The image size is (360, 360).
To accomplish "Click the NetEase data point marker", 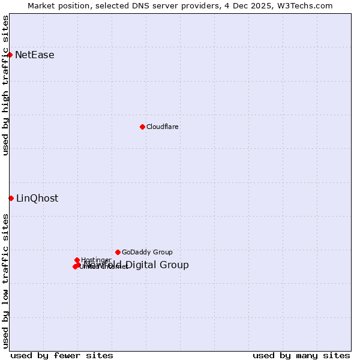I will click(10, 55).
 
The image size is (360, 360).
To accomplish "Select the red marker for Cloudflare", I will click(142, 127).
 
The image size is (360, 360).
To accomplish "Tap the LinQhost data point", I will click(11, 198).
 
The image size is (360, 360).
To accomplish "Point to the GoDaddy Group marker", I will click(118, 252).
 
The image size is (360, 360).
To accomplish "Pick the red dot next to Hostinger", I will click(77, 260).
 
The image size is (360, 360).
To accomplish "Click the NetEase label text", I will click(35, 55).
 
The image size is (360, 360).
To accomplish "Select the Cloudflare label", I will click(162, 127).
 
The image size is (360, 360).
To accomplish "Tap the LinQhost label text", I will click(37, 199).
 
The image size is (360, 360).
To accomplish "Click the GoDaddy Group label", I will click(147, 252).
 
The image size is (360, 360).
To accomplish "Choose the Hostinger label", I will click(96, 260).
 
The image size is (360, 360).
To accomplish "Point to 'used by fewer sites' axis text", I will click(62, 355).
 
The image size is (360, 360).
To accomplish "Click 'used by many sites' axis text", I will click(301, 355).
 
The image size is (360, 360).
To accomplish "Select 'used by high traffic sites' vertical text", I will click(6, 85).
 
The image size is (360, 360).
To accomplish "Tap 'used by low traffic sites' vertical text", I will click(6, 281).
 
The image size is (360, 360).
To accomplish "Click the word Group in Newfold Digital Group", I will click(175, 265).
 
